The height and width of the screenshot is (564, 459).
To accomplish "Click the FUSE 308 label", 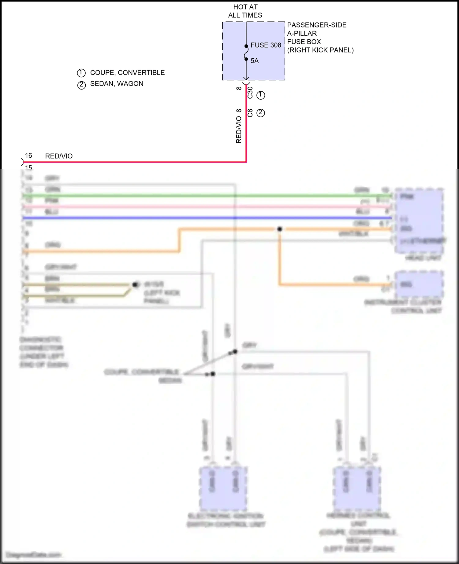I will (x=266, y=45).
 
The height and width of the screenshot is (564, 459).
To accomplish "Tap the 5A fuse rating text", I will (x=255, y=61).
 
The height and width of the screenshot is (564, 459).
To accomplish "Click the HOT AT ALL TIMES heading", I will (x=245, y=11).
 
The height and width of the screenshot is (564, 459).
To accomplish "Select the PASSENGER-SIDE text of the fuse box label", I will (x=317, y=25).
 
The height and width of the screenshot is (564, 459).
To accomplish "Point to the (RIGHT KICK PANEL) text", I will (x=320, y=50).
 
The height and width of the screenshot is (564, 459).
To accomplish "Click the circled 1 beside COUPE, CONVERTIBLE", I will (x=81, y=73).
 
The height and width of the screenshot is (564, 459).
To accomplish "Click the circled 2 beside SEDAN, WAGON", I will (x=81, y=85).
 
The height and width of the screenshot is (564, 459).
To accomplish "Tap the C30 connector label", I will (x=250, y=93).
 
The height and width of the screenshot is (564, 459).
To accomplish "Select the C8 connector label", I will (x=250, y=113).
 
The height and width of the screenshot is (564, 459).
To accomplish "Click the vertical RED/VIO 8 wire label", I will (x=239, y=126).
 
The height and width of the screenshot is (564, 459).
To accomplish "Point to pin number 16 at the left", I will (x=28, y=156).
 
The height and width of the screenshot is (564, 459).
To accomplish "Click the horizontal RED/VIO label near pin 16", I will (x=59, y=156).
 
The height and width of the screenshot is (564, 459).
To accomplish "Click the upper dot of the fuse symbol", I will (x=246, y=46).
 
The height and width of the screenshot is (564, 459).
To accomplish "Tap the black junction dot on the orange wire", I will (x=279, y=229).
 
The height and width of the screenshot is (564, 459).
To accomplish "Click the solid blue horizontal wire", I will (x=184, y=218).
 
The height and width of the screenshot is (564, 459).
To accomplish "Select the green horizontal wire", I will (x=184, y=196).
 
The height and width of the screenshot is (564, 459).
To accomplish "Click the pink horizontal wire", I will (x=184, y=207).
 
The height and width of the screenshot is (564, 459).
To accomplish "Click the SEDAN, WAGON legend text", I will (x=117, y=84).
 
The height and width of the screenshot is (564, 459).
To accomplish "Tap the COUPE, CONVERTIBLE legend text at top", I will (x=127, y=73).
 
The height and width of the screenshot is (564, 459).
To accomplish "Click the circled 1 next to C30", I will (x=261, y=95).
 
